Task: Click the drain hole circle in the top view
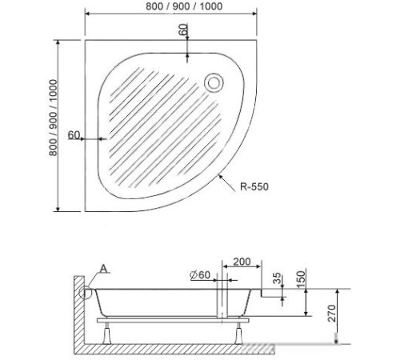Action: [214, 81]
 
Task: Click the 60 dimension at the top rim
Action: [183, 31]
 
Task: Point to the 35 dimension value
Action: [277, 279]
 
